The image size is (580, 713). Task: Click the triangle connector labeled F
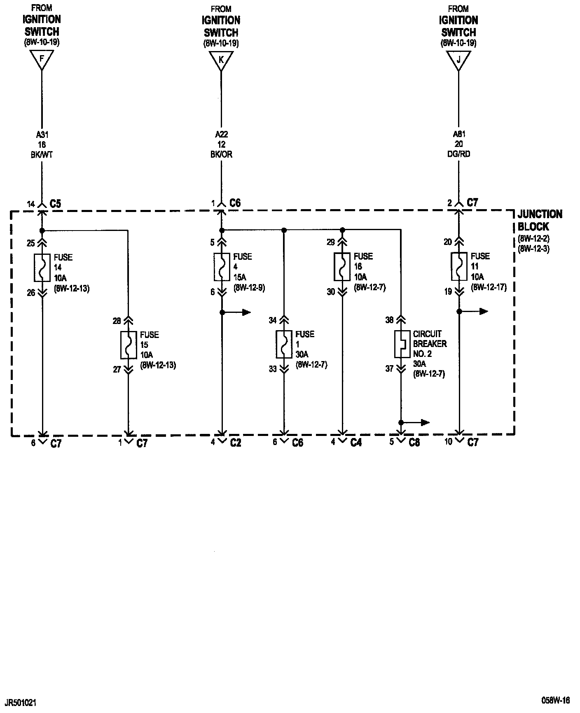click(x=42, y=60)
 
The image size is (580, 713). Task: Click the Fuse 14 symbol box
click(x=42, y=267)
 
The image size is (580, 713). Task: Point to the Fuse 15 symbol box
click(x=129, y=345)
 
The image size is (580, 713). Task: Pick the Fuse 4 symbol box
click(x=222, y=266)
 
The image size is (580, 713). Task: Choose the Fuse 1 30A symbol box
click(x=283, y=344)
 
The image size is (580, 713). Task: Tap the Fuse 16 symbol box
click(x=342, y=266)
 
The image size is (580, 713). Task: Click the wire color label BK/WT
click(x=42, y=155)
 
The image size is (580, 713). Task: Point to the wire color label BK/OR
click(x=221, y=154)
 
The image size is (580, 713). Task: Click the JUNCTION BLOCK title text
click(x=539, y=220)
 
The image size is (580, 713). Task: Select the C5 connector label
click(x=55, y=203)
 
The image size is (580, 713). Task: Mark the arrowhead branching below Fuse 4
click(x=246, y=312)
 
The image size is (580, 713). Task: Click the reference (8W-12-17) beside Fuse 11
click(x=489, y=287)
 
